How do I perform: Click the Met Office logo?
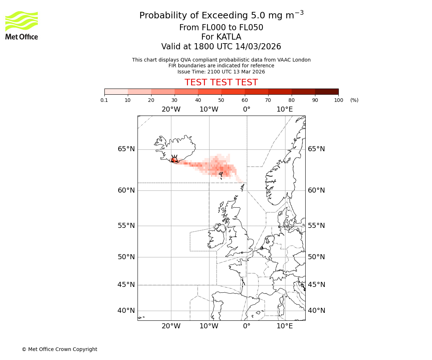tap(22, 25)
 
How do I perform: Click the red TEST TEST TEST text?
tap(221, 82)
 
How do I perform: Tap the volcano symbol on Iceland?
tap(174, 159)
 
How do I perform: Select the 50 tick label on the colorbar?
tap(221, 100)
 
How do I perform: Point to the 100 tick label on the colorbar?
tap(338, 100)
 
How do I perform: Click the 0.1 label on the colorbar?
tap(104, 100)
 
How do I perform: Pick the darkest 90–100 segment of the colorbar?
tap(327, 91)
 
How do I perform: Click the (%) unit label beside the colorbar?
tap(354, 100)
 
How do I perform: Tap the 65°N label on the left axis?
tap(126, 149)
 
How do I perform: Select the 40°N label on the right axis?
tap(316, 311)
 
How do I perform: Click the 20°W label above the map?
tap(171, 109)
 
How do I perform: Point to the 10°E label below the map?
tap(285, 326)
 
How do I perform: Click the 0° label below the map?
tap(247, 326)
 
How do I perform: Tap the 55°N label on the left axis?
tap(126, 226)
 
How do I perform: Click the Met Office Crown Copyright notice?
tap(59, 349)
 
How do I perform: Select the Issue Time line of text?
tap(221, 72)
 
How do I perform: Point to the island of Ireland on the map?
tap(216, 238)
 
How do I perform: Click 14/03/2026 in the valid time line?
tap(258, 47)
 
